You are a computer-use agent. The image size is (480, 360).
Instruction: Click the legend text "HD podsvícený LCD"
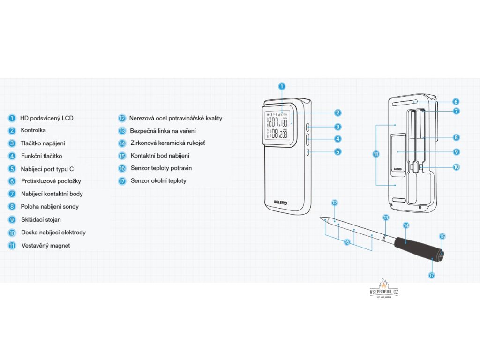[x=47, y=118]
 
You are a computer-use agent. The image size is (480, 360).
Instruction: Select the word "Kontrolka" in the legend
[x=34, y=130]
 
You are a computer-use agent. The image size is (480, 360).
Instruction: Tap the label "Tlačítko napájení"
[x=43, y=143]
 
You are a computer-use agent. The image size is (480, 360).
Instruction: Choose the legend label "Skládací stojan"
[x=41, y=219]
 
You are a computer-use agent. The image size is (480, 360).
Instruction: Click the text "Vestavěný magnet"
[x=46, y=245]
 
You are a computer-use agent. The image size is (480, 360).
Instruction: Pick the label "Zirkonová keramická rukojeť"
[x=168, y=143]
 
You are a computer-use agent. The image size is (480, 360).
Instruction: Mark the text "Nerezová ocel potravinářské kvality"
[x=176, y=118]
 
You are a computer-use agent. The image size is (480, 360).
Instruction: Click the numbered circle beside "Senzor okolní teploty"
[x=122, y=181]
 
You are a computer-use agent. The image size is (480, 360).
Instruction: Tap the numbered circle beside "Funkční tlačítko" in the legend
[x=12, y=156]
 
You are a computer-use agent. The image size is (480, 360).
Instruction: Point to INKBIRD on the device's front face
[x=283, y=203]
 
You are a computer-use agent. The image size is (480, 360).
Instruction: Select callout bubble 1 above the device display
[x=281, y=86]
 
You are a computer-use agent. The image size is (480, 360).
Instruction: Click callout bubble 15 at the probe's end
[x=442, y=237]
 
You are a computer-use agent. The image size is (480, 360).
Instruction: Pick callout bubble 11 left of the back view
[x=376, y=155]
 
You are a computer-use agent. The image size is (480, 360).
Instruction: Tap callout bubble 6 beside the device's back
[x=456, y=101]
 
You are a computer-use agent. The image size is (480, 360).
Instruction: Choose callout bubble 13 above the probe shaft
[x=386, y=218]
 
